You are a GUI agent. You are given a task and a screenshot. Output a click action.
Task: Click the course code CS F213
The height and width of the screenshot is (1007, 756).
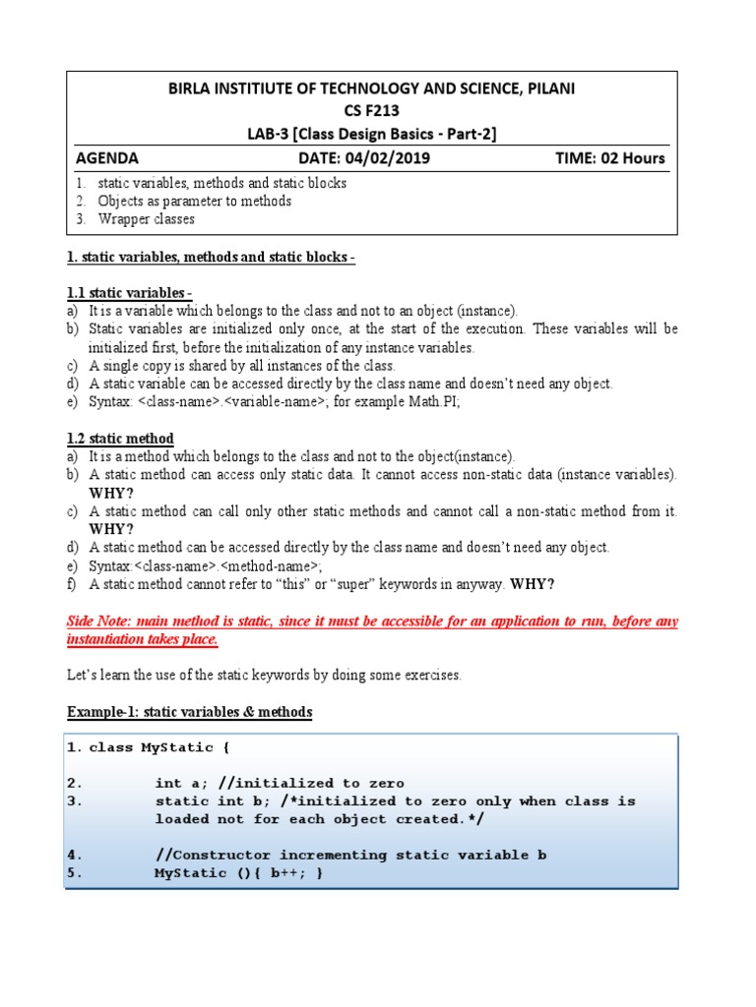click(x=371, y=111)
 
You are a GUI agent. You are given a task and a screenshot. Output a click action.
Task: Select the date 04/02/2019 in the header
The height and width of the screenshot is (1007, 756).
click(x=374, y=158)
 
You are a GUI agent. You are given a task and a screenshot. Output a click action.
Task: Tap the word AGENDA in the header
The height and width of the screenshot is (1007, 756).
click(x=107, y=158)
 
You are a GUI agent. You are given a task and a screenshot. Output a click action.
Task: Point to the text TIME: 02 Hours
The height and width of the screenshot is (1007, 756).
click(x=610, y=158)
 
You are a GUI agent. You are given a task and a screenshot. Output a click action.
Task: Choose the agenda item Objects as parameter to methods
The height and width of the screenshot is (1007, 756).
click(x=194, y=202)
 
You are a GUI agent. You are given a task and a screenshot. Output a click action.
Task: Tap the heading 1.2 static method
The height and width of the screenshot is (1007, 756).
click(x=120, y=439)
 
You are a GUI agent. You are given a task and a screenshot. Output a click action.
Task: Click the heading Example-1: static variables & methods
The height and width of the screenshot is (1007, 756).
click(x=189, y=711)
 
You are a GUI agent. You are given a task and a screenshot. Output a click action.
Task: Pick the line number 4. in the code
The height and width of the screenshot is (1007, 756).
click(x=75, y=855)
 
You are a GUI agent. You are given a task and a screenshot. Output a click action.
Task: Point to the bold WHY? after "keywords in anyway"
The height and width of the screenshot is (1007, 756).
click(x=532, y=584)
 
